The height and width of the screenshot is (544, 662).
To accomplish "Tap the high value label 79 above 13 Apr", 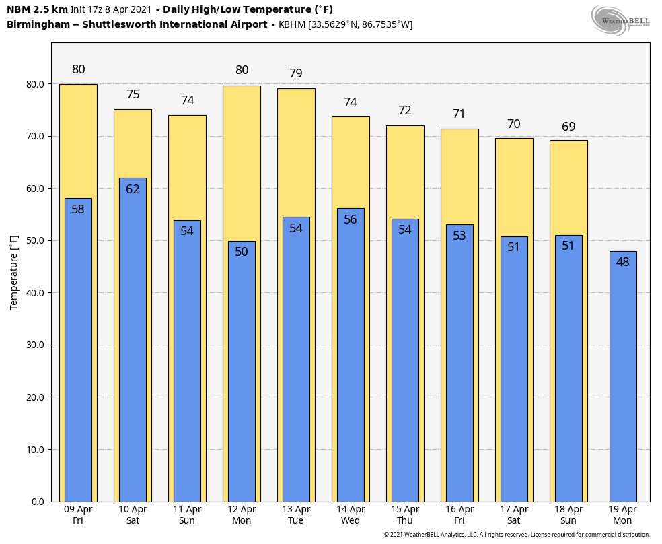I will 296,73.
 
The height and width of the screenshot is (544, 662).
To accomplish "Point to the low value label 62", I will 133,189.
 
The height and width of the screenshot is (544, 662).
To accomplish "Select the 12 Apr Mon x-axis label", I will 242,515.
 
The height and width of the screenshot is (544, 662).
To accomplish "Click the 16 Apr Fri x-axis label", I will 459,515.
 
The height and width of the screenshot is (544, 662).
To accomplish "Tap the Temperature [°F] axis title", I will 14,272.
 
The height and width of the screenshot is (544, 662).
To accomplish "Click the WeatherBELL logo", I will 620,20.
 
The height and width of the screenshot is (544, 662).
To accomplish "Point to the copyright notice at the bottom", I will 517,535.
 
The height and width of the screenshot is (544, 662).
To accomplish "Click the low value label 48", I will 623,262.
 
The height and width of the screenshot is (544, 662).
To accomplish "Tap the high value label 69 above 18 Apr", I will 568,127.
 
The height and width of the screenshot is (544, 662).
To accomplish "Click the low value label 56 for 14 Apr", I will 351,219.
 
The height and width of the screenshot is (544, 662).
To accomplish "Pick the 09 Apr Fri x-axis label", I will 78,515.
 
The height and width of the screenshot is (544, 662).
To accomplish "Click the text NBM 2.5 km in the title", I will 37,9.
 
